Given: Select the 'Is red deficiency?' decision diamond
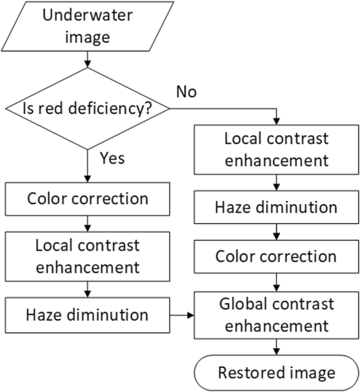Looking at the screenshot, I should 87,109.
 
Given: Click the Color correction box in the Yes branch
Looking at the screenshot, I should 87,199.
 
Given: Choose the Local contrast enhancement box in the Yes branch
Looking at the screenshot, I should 87,256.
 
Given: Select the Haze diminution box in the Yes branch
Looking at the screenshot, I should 87,315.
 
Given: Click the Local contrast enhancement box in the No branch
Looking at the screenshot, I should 276,149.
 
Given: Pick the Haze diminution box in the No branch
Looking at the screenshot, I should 276,207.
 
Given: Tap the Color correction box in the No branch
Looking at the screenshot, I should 276,256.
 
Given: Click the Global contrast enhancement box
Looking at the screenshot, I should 276,314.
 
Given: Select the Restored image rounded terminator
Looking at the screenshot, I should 276,373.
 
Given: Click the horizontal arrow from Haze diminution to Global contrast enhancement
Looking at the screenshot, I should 182,315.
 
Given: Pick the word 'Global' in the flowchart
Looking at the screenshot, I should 243,304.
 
